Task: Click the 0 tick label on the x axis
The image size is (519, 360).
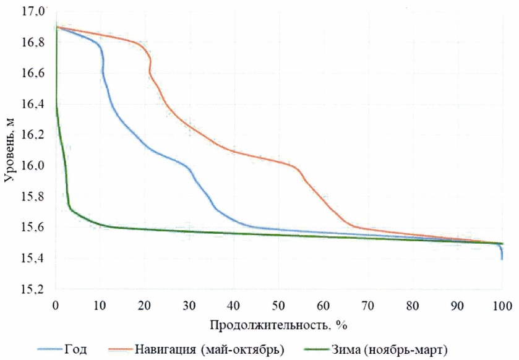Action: click(56, 305)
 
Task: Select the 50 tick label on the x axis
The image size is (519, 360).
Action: click(278, 305)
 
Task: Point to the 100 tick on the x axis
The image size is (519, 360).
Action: click(501, 305)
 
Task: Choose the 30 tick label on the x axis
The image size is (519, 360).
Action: click(189, 305)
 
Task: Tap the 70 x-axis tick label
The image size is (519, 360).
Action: click(367, 305)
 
